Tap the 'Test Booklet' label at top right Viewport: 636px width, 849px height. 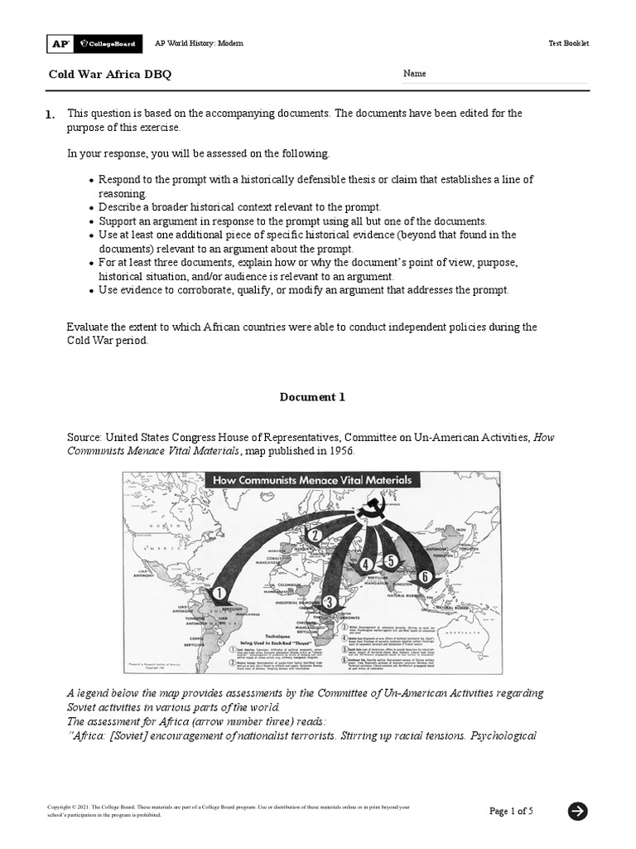coord(568,43)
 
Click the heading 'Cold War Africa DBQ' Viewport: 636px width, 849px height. coord(110,75)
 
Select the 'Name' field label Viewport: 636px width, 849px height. coord(414,74)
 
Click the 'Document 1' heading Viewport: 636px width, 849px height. coord(312,397)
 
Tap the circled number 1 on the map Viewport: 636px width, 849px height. coord(219,593)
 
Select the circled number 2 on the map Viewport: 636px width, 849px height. coord(315,536)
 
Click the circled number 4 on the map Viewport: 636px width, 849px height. coord(366,565)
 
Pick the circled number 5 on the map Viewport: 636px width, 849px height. coord(391,560)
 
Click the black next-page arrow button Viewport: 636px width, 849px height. coord(577,812)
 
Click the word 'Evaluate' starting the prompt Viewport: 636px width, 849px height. coord(88,327)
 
